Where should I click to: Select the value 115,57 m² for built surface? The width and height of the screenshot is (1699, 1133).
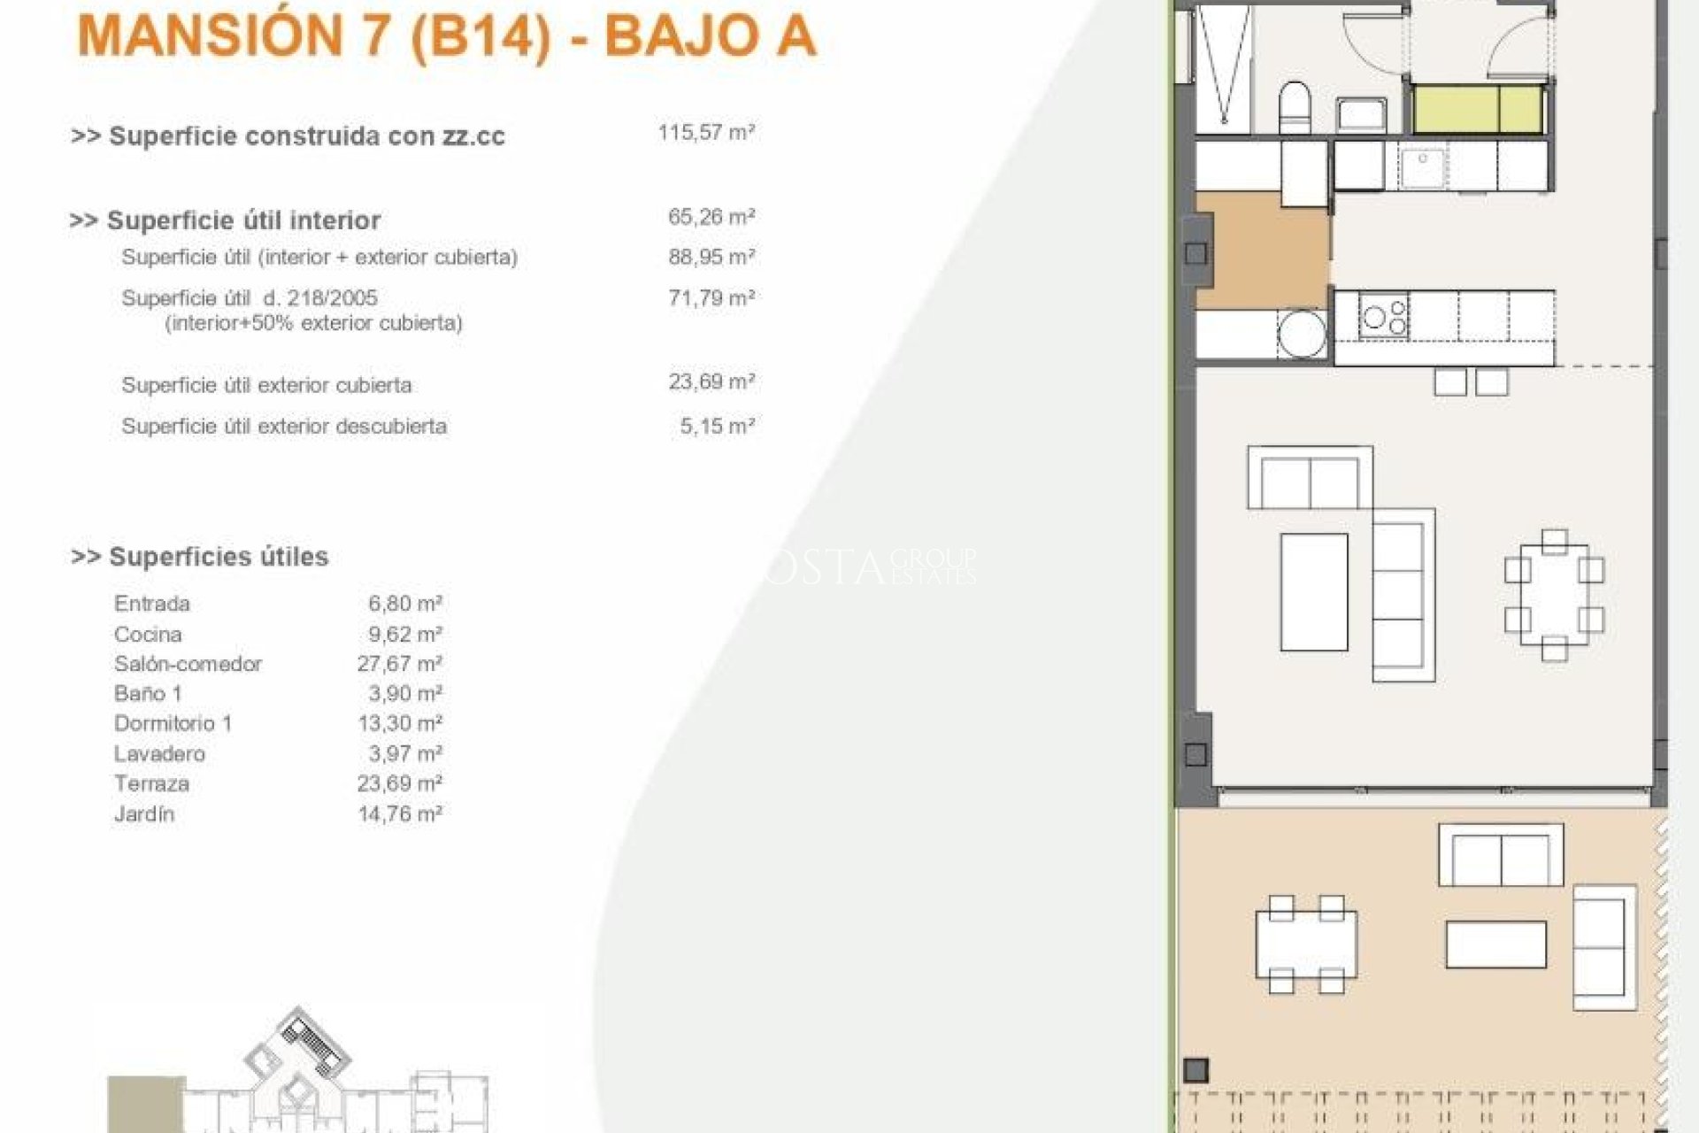[705, 133]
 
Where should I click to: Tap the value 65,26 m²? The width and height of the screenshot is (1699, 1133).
[711, 217]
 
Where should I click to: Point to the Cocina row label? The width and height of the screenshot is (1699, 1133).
[148, 634]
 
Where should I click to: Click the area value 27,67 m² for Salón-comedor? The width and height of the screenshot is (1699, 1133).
[399, 664]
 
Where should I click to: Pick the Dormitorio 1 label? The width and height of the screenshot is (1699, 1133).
[173, 723]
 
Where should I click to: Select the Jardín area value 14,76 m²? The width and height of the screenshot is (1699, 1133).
[399, 813]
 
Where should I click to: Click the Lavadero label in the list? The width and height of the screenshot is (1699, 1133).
[159, 753]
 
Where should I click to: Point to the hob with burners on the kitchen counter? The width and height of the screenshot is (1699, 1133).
[1384, 317]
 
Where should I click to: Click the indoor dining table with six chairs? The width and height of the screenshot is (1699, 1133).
[1554, 595]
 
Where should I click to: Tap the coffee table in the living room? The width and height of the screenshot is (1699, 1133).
[1314, 590]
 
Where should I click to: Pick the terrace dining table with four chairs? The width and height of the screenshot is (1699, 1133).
[1305, 944]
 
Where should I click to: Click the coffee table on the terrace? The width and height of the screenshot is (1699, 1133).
[1496, 944]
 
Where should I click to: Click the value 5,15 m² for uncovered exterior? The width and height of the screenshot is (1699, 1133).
[716, 426]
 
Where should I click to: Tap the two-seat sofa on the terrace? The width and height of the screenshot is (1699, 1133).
[1501, 854]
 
